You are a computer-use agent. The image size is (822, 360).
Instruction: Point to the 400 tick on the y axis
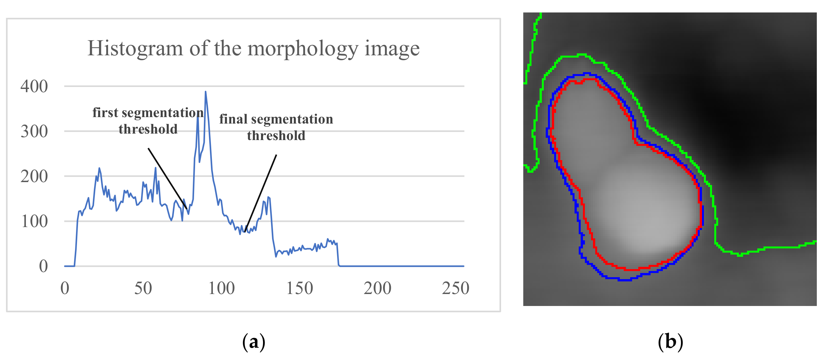click(x=34, y=86)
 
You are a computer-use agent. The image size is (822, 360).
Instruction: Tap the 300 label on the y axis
click(x=34, y=131)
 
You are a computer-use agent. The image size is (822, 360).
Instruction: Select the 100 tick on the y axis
click(x=34, y=222)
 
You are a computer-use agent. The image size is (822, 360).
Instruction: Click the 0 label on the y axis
click(x=43, y=267)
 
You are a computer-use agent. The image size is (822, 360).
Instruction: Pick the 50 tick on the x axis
click(x=143, y=288)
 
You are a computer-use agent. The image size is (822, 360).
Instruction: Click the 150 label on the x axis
click(x=300, y=288)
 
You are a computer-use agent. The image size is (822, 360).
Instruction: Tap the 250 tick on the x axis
click(x=455, y=288)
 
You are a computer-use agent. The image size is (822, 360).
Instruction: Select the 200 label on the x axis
click(x=378, y=288)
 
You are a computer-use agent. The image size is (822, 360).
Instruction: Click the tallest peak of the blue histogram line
click(x=205, y=92)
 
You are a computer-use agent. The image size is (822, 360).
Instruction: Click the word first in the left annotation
click(x=105, y=113)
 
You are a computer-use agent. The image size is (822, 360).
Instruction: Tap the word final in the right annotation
click(x=233, y=119)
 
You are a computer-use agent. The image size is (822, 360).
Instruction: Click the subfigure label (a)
click(x=254, y=342)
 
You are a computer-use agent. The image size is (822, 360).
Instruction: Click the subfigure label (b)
click(x=670, y=342)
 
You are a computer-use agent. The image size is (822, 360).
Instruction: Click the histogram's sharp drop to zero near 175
click(x=338, y=256)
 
